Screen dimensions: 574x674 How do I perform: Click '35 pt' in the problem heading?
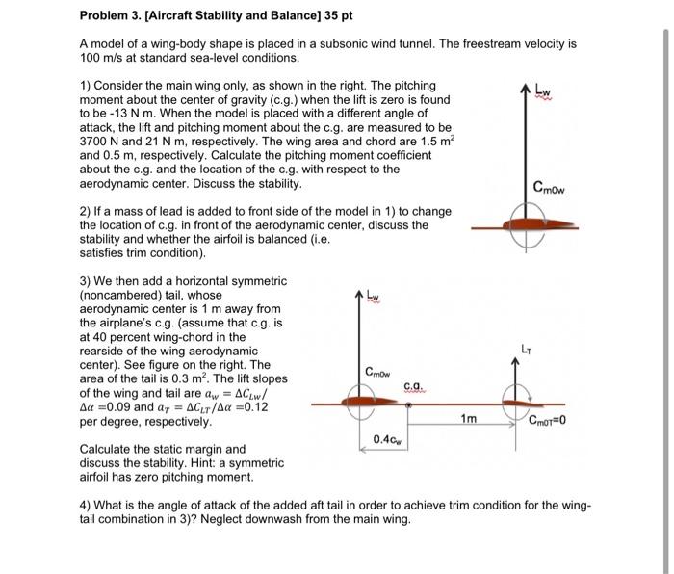point(339,17)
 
